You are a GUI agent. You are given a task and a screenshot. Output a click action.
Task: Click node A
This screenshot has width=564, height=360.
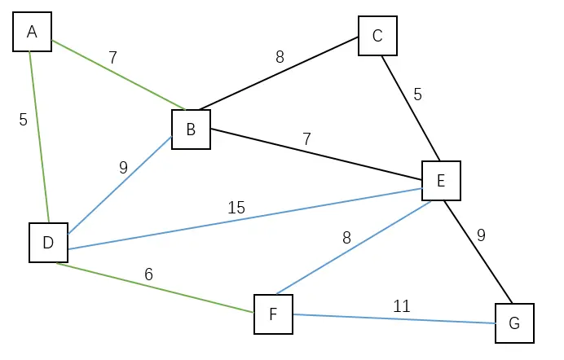(x=33, y=32)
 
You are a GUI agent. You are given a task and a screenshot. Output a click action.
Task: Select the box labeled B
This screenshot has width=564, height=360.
(x=191, y=130)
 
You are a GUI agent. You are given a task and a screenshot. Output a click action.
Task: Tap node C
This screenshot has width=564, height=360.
(x=377, y=36)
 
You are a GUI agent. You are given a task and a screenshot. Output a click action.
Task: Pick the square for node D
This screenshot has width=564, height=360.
(x=48, y=243)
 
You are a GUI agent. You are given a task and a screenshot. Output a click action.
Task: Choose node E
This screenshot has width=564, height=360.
(x=441, y=181)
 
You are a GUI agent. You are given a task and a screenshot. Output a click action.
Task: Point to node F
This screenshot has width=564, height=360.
(x=273, y=314)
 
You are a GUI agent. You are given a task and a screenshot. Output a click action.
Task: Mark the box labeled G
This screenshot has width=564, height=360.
(x=513, y=323)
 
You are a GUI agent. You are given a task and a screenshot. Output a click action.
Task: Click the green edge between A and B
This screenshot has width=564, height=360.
(x=118, y=74)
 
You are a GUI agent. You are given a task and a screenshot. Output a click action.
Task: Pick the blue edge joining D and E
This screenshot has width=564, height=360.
(x=245, y=218)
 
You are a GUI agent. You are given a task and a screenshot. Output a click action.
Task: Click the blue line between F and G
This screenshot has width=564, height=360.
(x=394, y=318)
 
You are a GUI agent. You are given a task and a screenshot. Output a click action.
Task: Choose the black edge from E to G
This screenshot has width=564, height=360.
(x=478, y=252)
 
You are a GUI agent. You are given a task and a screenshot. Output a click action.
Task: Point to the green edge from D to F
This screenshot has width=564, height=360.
(x=155, y=288)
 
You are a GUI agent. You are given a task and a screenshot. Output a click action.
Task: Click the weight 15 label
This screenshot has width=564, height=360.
(x=236, y=208)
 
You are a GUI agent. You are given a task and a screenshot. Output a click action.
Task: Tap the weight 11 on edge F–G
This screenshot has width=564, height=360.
(x=401, y=306)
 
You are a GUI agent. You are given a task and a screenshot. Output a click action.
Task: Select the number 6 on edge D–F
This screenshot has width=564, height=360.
(x=148, y=274)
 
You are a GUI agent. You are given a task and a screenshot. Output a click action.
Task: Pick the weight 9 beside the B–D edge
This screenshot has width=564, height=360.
(x=123, y=168)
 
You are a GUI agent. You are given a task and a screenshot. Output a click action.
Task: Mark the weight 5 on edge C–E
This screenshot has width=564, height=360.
(x=417, y=94)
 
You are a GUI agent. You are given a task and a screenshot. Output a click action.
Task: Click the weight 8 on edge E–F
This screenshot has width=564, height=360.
(x=346, y=239)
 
